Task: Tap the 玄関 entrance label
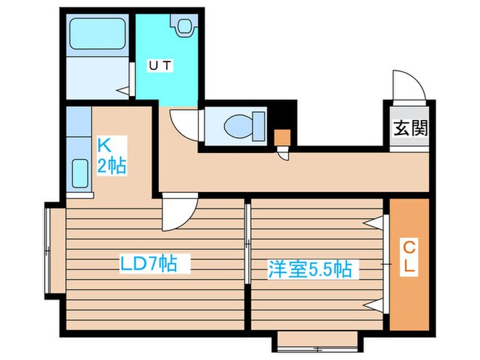click(x=410, y=128)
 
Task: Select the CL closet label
click(x=408, y=256)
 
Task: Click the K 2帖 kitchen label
click(x=110, y=156)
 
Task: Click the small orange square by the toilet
click(x=282, y=136)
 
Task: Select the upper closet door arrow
click(x=374, y=222)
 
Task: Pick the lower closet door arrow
click(x=374, y=304)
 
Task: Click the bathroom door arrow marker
click(x=123, y=89)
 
